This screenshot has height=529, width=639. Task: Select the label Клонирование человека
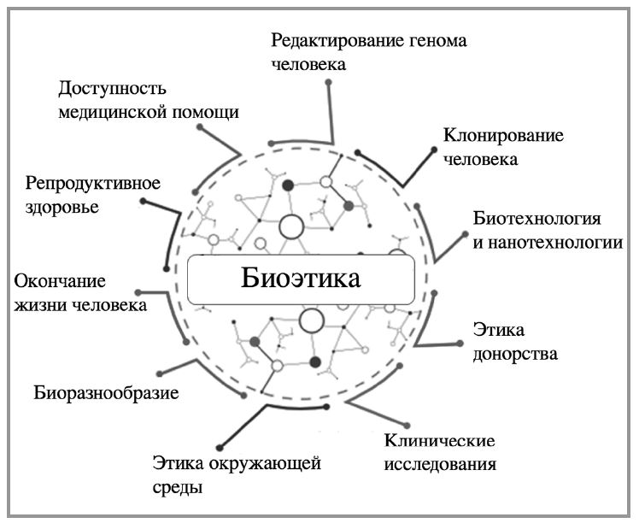click(492, 146)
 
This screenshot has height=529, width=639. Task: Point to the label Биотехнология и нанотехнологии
click(547, 229)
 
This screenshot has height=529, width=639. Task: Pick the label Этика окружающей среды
click(237, 476)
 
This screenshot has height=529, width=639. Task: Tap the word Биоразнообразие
click(107, 394)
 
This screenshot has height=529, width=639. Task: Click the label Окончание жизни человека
click(81, 292)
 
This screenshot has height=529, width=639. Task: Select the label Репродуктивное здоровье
click(93, 194)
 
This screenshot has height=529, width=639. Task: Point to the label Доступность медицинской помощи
click(148, 100)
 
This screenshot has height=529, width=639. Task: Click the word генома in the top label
click(429, 40)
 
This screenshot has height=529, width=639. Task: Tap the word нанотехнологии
click(560, 242)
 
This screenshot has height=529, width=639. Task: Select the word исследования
click(440, 466)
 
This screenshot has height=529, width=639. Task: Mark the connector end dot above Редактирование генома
click(329, 83)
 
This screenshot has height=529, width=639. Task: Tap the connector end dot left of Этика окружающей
click(220, 446)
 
